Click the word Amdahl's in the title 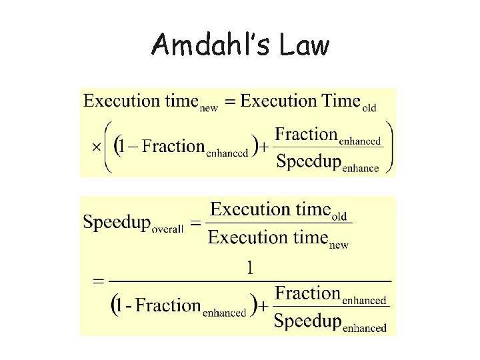pyautogui.click(x=200, y=46)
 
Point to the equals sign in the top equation pyautogui.click(x=230, y=102)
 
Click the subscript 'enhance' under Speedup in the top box pyautogui.click(x=361, y=168)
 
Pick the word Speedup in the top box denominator pyautogui.click(x=308, y=162)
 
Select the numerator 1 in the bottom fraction pyautogui.click(x=250, y=268)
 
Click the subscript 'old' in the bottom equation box pyautogui.click(x=339, y=217)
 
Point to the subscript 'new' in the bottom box pyautogui.click(x=339, y=245)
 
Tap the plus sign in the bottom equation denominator pyautogui.click(x=263, y=307)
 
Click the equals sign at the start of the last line pyautogui.click(x=99, y=281)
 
